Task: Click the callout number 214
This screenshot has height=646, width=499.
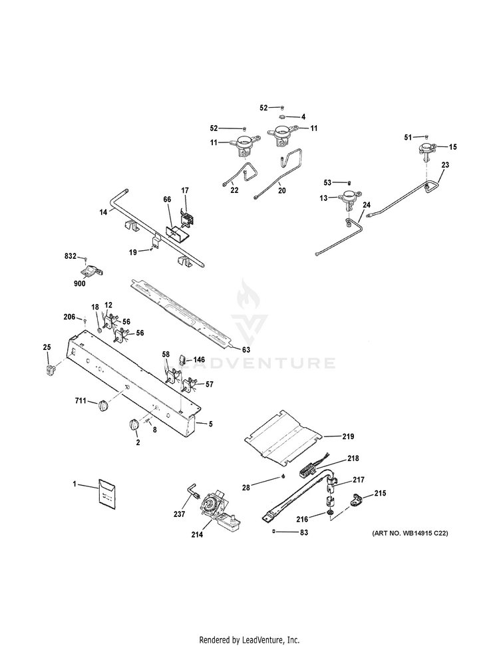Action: (x=197, y=534)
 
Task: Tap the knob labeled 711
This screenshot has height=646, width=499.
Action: (x=104, y=405)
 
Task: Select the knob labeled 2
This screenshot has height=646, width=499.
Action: (x=134, y=426)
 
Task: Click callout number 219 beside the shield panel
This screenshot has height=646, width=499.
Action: (x=348, y=436)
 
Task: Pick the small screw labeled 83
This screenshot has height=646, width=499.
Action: (x=273, y=532)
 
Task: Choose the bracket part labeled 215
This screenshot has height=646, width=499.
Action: (x=356, y=500)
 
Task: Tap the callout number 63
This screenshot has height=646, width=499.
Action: (x=246, y=350)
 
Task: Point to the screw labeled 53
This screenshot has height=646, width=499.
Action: (x=349, y=182)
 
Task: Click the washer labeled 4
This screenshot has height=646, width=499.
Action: (x=283, y=116)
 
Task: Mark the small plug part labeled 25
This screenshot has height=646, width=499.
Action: (x=51, y=369)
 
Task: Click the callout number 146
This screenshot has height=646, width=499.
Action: (x=199, y=361)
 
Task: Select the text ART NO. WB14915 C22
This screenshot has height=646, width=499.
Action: (x=410, y=533)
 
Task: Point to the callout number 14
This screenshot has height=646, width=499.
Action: (x=103, y=212)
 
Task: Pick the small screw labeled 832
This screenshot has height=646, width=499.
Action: (x=85, y=259)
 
